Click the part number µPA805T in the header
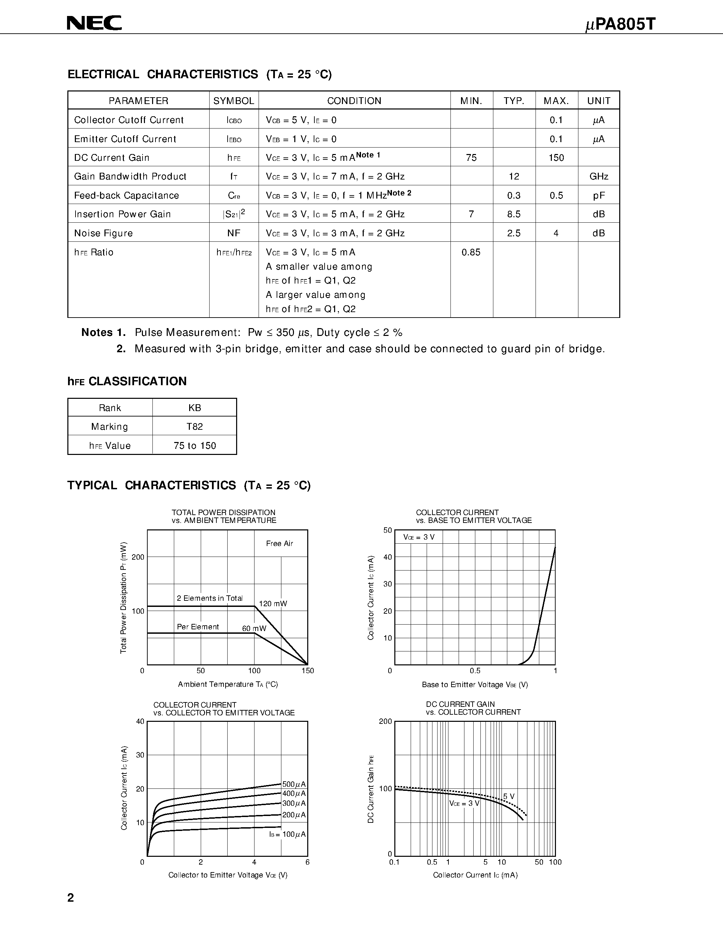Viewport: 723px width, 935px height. pos(620,24)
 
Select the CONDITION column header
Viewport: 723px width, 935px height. pos(354,101)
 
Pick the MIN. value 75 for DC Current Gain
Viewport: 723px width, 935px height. pos(471,157)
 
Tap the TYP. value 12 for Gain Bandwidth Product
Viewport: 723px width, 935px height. pos(514,176)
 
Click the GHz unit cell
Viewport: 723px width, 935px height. pos(598,176)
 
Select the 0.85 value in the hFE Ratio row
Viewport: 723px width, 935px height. pos(471,252)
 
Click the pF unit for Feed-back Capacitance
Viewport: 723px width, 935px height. pos(598,195)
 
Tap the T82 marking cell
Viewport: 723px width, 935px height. pos(195,426)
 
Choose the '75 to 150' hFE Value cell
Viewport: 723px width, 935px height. pos(195,446)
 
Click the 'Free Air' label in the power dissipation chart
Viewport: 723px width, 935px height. pos(279,543)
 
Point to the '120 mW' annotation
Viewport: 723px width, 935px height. pos(273,603)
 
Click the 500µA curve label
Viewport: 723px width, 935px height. pos(294,784)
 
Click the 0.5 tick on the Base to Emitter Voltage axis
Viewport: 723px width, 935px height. pos(475,671)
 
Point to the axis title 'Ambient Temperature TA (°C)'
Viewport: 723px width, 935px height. pos(228,684)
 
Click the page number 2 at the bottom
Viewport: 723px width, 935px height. pos(71,898)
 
